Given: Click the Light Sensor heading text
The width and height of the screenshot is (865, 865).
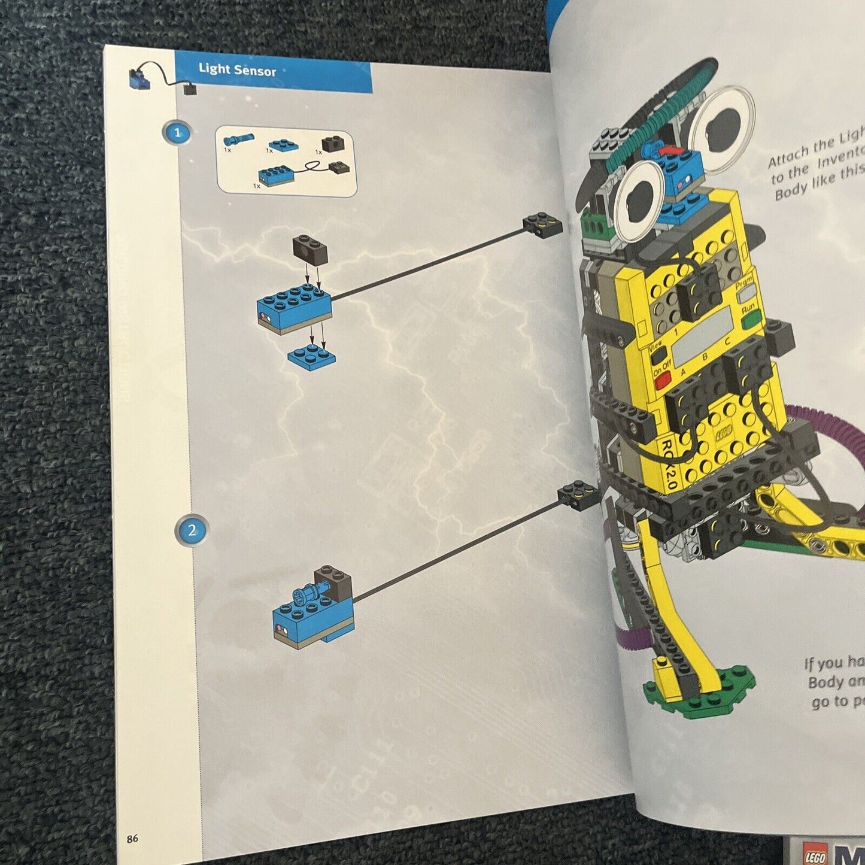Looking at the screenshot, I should tap(237, 70).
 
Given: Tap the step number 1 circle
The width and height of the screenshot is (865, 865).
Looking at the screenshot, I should tap(177, 132).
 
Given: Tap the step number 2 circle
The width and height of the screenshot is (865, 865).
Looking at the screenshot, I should tap(192, 530).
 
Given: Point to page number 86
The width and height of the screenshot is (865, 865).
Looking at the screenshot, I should tap(132, 839).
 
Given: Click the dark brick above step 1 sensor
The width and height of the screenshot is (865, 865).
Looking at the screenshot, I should tap(310, 249).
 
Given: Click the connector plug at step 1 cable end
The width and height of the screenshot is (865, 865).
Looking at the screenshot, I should tap(543, 224).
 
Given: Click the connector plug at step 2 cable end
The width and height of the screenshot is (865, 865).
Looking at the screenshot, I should tap(579, 494).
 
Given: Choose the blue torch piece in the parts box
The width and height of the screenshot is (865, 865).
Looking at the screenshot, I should tap(238, 140).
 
